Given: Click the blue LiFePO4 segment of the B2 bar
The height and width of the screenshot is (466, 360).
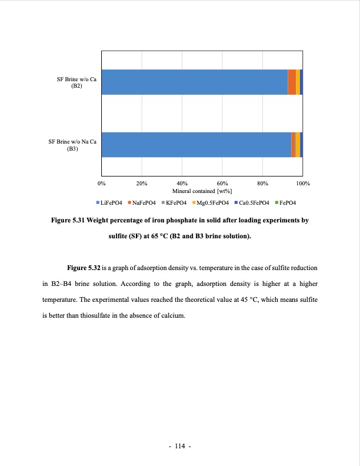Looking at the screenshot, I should (x=194, y=82).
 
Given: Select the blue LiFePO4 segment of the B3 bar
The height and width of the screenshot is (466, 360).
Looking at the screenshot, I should (x=196, y=145).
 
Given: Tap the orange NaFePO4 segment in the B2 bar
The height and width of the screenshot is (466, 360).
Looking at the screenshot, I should (x=292, y=82).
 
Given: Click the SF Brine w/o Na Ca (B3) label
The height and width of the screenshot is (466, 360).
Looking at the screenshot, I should (x=72, y=145).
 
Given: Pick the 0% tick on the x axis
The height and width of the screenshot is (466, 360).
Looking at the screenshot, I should (x=102, y=184).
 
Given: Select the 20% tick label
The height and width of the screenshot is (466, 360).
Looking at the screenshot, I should (x=142, y=184).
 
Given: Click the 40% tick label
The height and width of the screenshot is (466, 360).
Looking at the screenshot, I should (x=182, y=184).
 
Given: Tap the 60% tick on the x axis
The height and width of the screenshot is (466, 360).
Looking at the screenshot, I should (x=222, y=184).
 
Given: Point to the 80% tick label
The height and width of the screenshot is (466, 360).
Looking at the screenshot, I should (x=263, y=184).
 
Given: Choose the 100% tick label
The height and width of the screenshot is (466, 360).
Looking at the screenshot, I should (x=303, y=184).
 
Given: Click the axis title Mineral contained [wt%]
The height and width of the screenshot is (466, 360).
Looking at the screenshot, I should (x=202, y=191).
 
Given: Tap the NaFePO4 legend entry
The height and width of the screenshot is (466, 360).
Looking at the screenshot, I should (x=144, y=203).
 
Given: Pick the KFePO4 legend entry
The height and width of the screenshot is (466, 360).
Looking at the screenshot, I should (x=176, y=203).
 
